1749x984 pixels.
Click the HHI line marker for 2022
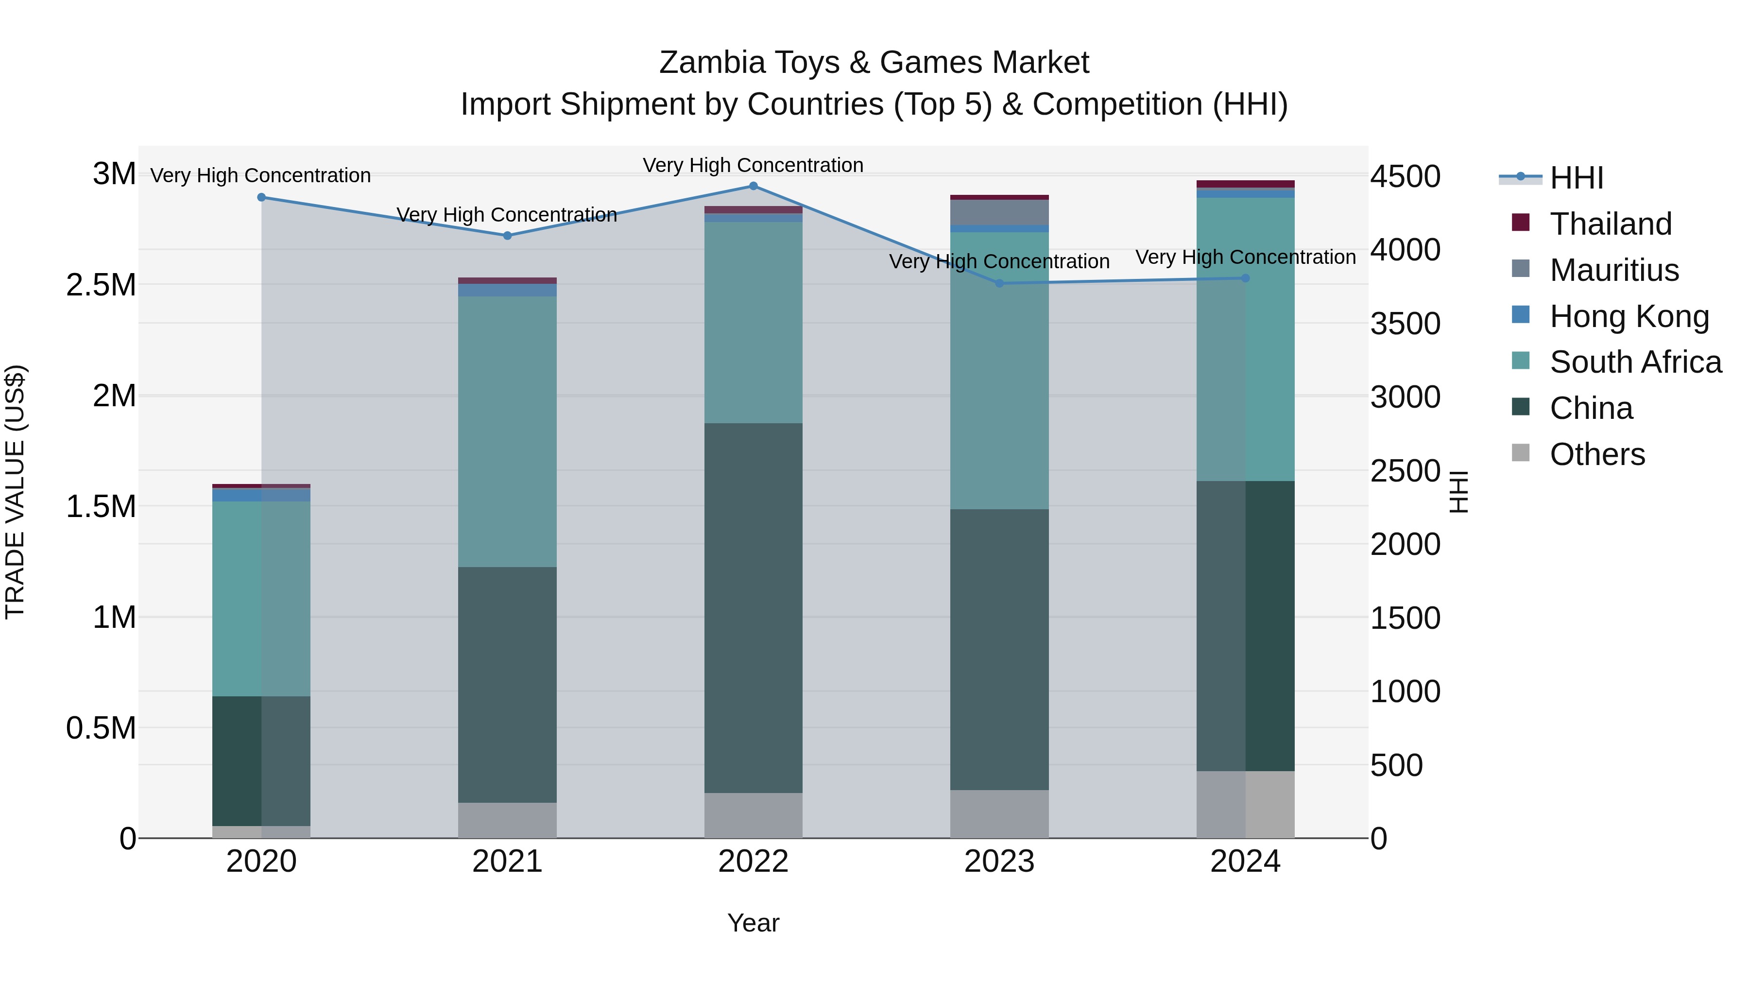click(x=753, y=186)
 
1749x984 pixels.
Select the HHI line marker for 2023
click(x=999, y=283)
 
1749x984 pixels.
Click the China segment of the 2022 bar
click(x=753, y=608)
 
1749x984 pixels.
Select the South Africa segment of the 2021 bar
click(x=507, y=431)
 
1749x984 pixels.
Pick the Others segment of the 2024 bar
click(x=1245, y=804)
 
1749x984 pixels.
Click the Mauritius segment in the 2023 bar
click(x=999, y=212)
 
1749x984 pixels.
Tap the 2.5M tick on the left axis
click(x=101, y=285)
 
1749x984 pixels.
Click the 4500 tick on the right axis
click(x=1405, y=176)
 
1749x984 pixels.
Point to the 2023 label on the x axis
click(x=999, y=862)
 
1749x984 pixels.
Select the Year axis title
click(x=753, y=923)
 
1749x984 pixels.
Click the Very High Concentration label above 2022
click(x=753, y=165)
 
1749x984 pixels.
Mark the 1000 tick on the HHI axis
click(x=1405, y=691)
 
